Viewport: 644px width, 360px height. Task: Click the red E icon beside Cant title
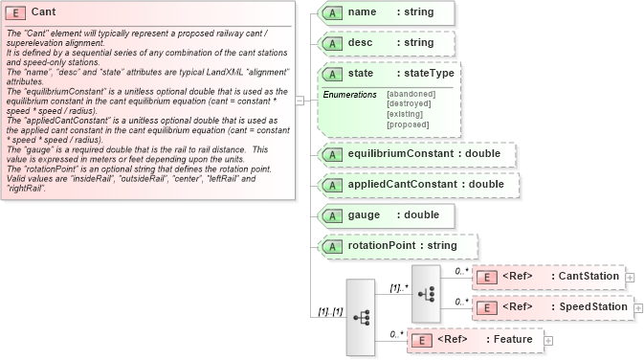point(17,11)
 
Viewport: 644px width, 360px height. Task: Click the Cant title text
point(44,11)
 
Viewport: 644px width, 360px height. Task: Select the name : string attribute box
point(387,13)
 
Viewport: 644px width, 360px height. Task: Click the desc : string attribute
point(387,43)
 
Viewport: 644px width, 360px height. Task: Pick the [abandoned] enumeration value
point(411,94)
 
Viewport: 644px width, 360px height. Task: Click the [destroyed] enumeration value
point(410,103)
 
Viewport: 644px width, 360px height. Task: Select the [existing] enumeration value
point(407,114)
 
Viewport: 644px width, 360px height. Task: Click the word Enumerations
point(349,94)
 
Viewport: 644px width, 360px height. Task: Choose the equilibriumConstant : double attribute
point(416,154)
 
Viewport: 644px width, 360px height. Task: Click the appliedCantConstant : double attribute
point(418,184)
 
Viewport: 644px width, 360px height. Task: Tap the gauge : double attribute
point(387,214)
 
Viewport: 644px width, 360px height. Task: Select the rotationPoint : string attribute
point(396,246)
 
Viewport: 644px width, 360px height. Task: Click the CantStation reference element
point(548,277)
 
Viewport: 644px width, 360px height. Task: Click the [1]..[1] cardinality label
point(330,312)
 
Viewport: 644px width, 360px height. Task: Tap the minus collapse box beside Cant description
point(300,99)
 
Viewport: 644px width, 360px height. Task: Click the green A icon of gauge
point(331,215)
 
